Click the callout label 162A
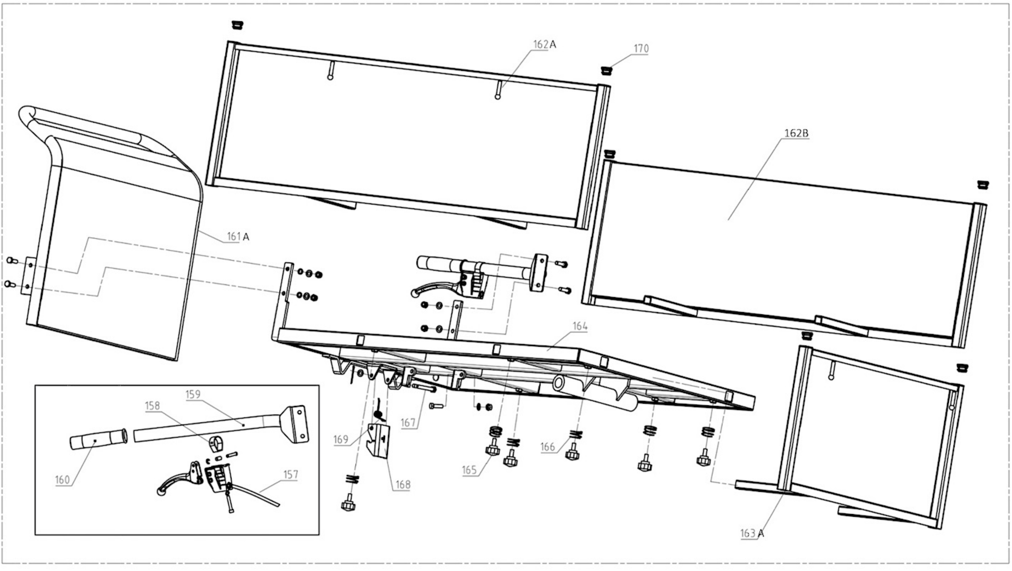544,44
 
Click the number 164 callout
580,326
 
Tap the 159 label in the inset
193,394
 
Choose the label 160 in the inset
62,480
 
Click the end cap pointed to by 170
607,71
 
